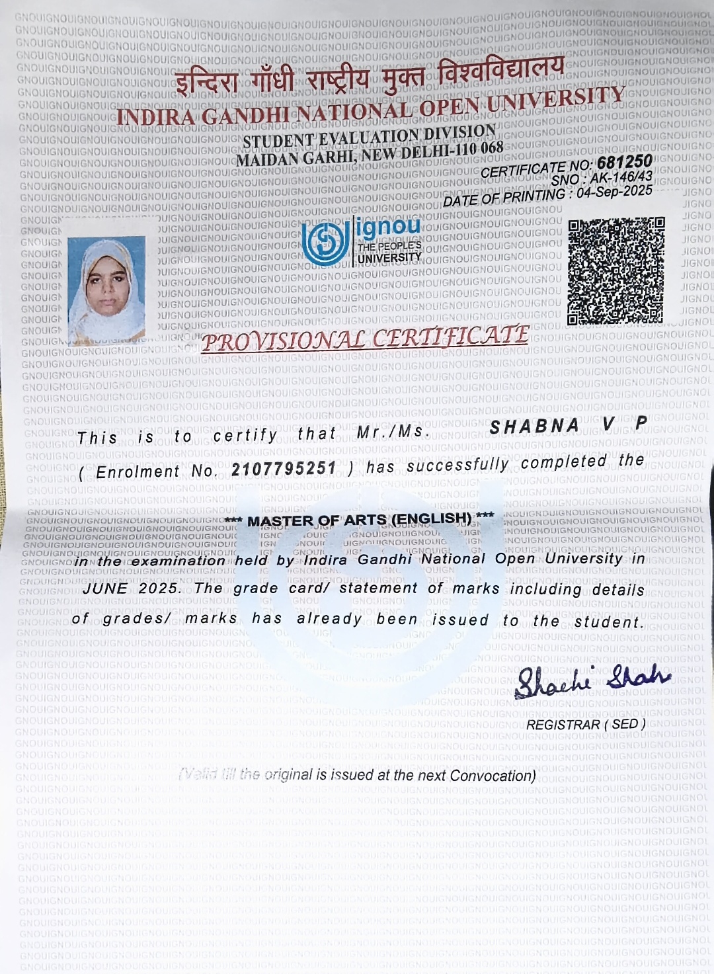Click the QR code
615,271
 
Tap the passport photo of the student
106,291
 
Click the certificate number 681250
624,162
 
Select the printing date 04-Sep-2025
614,192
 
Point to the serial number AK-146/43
621,177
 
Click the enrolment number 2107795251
284,469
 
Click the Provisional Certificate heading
366,339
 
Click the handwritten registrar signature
592,680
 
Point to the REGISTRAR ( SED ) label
586,724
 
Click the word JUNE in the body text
105,588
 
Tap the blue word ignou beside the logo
389,227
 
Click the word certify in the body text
245,434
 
